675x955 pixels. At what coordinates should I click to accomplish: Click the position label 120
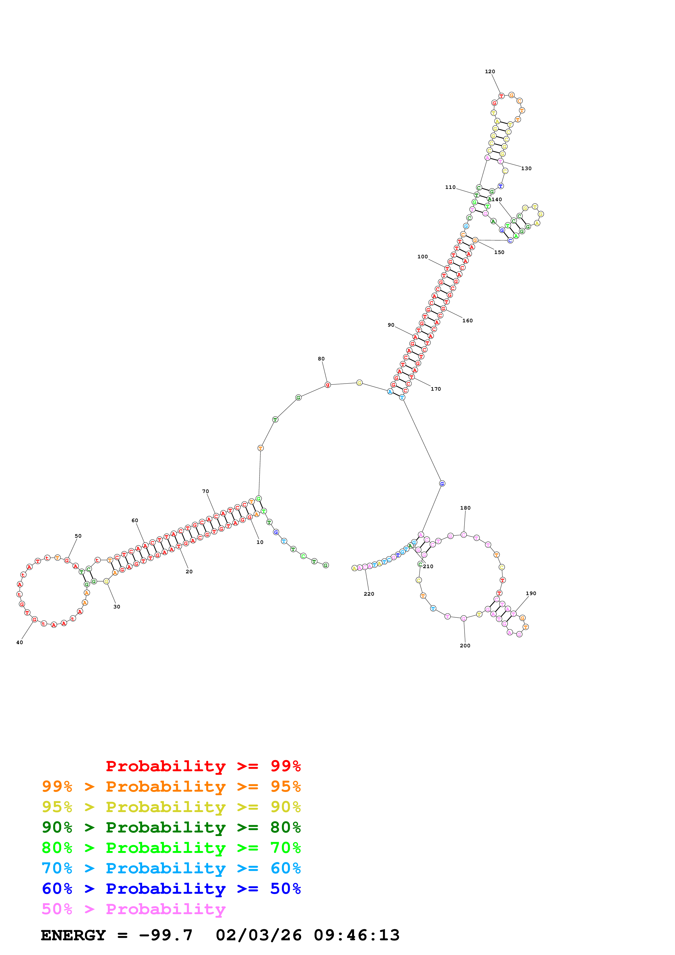pyautogui.click(x=490, y=72)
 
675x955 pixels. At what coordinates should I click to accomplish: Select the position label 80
pyautogui.click(x=321, y=359)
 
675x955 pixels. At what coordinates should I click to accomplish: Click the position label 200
pyautogui.click(x=465, y=645)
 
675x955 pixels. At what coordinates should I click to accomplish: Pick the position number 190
pyautogui.click(x=531, y=593)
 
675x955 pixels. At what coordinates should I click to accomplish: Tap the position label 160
pyautogui.click(x=468, y=321)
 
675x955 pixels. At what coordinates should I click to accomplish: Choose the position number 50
pyautogui.click(x=78, y=536)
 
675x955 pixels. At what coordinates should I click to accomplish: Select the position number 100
pyautogui.click(x=423, y=257)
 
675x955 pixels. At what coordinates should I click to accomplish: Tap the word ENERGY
pyautogui.click(x=73, y=935)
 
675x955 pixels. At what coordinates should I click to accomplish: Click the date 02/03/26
pyautogui.click(x=259, y=935)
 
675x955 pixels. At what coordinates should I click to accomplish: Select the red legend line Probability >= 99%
pyautogui.click(x=203, y=766)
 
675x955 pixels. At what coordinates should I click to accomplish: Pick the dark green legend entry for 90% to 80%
pyautogui.click(x=171, y=827)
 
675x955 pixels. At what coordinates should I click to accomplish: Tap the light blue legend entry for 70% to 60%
pyautogui.click(x=171, y=868)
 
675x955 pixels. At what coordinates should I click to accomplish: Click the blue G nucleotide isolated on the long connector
pyautogui.click(x=442, y=483)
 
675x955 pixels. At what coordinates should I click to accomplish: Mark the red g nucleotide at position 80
pyautogui.click(x=328, y=385)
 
